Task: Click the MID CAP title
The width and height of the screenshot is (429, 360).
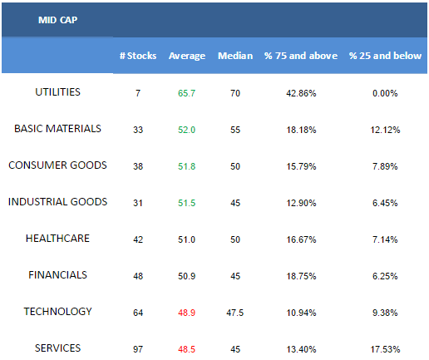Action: point(57,20)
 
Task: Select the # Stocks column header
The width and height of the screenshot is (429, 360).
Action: point(138,56)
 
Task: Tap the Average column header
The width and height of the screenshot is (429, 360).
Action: point(187,56)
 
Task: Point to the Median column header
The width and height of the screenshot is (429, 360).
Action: point(235,56)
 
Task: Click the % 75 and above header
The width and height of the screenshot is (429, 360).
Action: point(301,56)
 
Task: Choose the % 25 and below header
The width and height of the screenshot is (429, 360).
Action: point(385,56)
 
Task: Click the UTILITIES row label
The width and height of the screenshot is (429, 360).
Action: point(57,92)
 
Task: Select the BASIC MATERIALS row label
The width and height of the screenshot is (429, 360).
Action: point(57,129)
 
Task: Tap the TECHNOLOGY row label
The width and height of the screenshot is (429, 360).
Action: point(57,312)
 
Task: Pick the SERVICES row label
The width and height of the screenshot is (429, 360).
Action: point(57,348)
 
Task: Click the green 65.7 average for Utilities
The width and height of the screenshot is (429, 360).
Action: point(186,93)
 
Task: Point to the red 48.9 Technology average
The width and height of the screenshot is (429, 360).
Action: point(186,313)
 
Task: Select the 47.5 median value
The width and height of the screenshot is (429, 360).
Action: point(235,313)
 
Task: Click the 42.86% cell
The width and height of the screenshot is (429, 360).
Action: point(301,93)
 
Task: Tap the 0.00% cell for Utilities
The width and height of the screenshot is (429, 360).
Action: point(385,93)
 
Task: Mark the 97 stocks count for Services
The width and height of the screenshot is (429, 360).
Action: point(138,349)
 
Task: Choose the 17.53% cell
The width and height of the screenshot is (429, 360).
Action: point(385,349)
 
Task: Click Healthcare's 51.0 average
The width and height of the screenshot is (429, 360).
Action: point(186,239)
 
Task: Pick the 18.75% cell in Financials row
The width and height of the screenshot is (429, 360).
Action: point(301,276)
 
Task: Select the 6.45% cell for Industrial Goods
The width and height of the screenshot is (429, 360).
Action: point(385,203)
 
